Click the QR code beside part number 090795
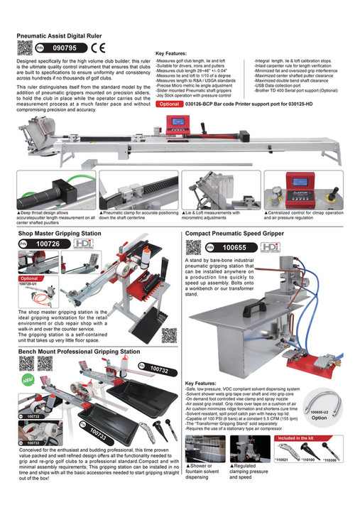(x=23, y=48)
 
